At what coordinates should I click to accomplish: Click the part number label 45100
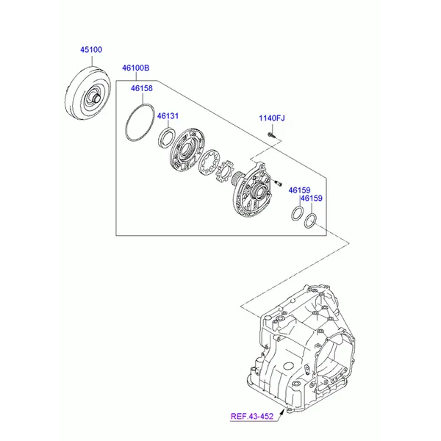[x=91, y=50]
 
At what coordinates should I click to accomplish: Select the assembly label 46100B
[x=136, y=68]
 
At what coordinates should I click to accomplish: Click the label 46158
[x=141, y=89]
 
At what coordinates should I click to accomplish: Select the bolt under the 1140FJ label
[x=271, y=135]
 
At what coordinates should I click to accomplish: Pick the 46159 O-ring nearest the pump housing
[x=296, y=213]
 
